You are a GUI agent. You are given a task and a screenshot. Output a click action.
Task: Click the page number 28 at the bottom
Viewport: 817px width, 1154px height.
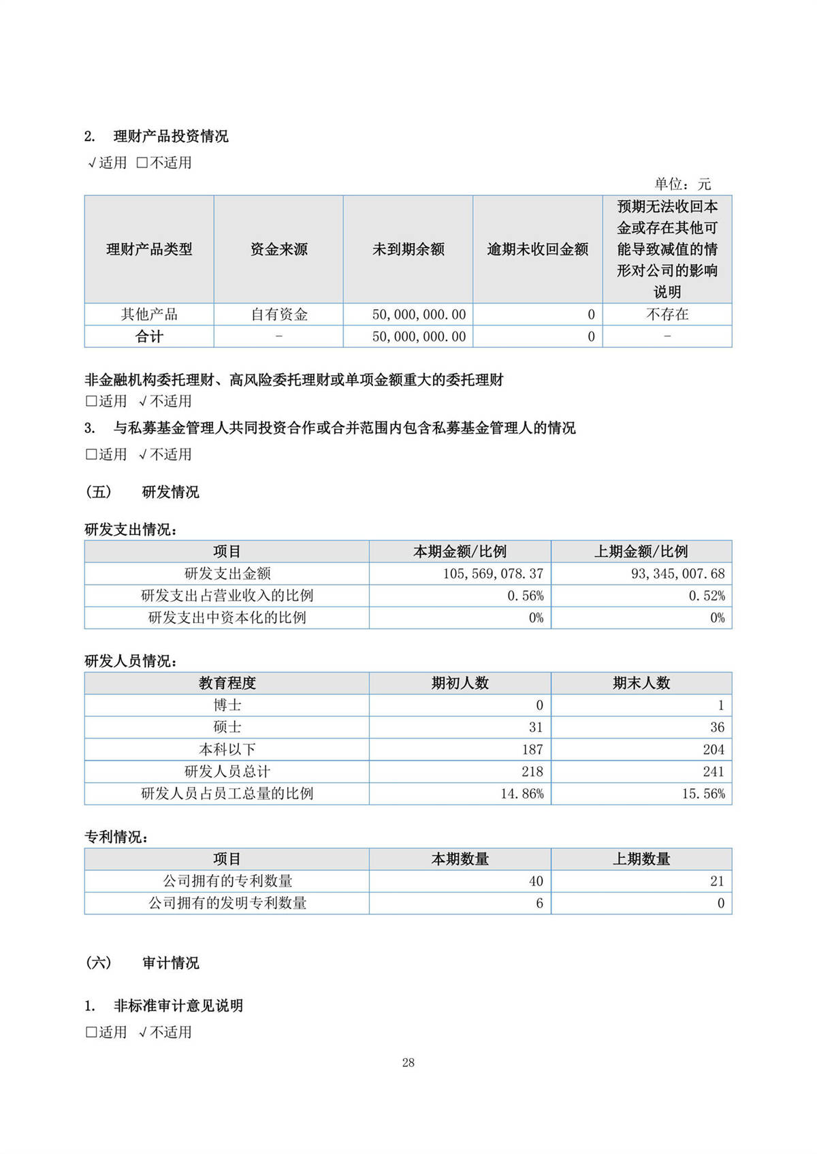(408, 1062)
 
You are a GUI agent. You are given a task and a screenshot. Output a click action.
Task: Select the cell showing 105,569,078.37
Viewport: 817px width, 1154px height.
(493, 574)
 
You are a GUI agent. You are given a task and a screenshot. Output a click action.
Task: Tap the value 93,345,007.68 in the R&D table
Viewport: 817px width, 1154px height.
(677, 574)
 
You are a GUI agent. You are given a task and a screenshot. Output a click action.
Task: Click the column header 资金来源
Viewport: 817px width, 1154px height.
(278, 249)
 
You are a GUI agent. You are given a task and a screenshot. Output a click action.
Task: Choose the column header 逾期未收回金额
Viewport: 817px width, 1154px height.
(537, 249)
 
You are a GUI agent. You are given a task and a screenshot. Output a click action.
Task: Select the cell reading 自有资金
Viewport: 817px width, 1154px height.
(278, 315)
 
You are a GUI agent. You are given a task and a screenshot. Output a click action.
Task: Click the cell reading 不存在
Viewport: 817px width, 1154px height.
(667, 315)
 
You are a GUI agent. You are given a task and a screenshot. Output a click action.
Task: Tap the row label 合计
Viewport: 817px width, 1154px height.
(149, 336)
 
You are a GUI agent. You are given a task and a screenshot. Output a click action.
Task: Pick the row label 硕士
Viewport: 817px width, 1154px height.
(227, 727)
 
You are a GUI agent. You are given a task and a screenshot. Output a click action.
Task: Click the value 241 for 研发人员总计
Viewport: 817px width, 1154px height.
(713, 771)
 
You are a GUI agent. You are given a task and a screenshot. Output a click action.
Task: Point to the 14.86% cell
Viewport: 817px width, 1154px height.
(522, 794)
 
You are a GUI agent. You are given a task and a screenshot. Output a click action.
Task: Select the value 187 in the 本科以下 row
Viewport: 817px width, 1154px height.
(532, 750)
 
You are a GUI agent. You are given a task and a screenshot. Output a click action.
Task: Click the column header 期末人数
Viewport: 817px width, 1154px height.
(641, 683)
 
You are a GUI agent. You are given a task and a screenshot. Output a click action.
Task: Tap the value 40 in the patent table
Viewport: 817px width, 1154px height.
(536, 881)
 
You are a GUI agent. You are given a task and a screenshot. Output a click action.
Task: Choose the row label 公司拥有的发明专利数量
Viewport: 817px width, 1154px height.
(227, 903)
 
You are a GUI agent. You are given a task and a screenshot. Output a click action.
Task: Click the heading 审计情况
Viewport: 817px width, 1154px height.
(170, 963)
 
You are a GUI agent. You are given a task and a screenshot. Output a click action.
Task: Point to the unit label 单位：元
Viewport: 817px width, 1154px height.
(682, 184)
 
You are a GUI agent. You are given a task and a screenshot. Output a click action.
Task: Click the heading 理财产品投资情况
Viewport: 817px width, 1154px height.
(170, 136)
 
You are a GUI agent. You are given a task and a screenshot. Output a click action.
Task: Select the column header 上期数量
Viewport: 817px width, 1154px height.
(641, 859)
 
